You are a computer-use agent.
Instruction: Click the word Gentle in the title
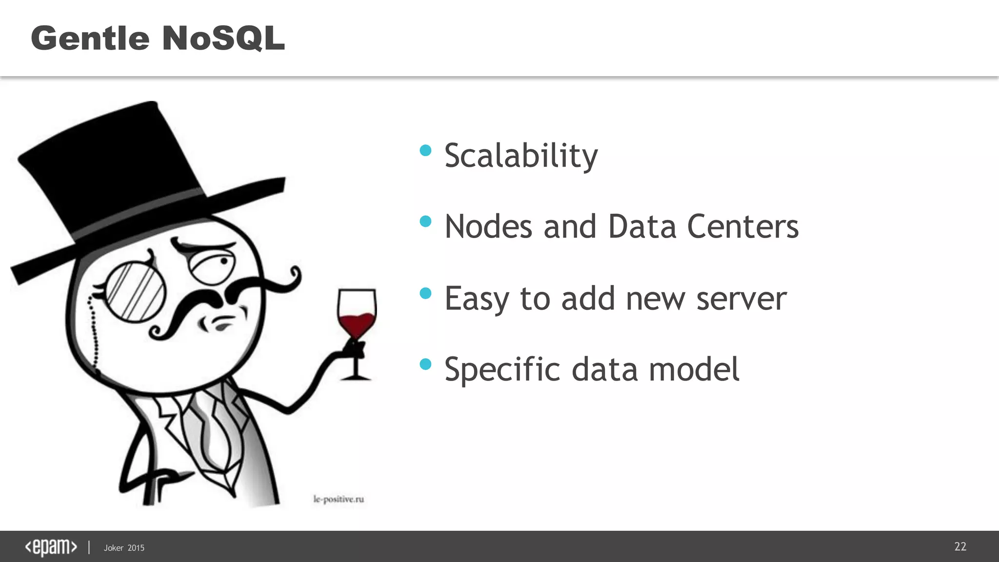click(x=90, y=38)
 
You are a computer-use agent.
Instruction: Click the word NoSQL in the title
click(x=223, y=38)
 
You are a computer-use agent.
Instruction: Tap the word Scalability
click(x=521, y=156)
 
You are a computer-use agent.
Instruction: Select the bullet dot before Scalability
click(x=426, y=150)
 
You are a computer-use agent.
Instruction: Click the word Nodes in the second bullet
click(x=488, y=227)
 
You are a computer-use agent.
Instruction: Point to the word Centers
click(x=742, y=227)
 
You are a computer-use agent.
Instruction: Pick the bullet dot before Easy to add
click(x=426, y=293)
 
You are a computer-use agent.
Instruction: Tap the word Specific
click(x=502, y=370)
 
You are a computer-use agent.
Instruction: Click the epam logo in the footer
click(x=51, y=547)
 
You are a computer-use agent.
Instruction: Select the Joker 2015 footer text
click(x=124, y=548)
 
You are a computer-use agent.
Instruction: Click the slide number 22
click(x=960, y=546)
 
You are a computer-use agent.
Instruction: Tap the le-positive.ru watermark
click(x=339, y=499)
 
